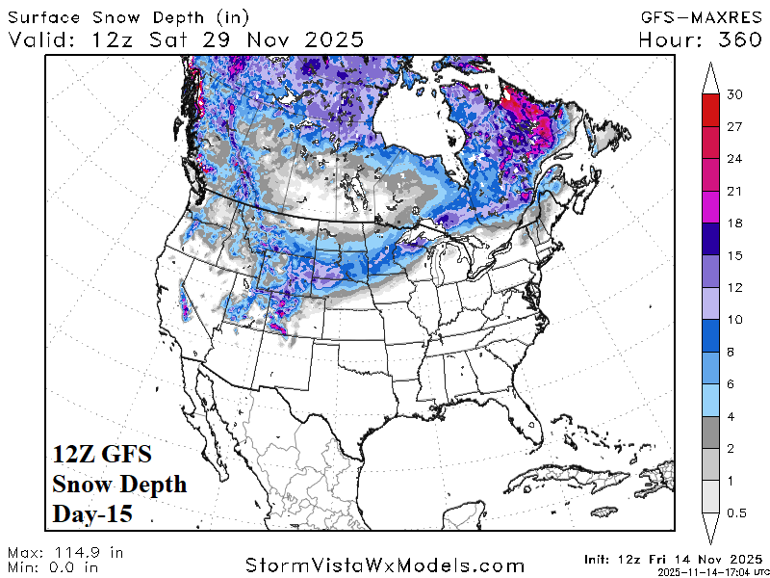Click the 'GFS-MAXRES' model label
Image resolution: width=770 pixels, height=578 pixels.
pos(702,16)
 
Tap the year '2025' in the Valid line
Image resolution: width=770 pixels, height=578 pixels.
pos(330,39)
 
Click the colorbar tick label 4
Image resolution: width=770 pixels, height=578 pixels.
pos(736,416)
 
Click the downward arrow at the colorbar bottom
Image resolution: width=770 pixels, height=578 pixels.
pos(710,529)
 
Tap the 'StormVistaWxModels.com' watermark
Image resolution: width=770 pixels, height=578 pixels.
pos(385,565)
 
